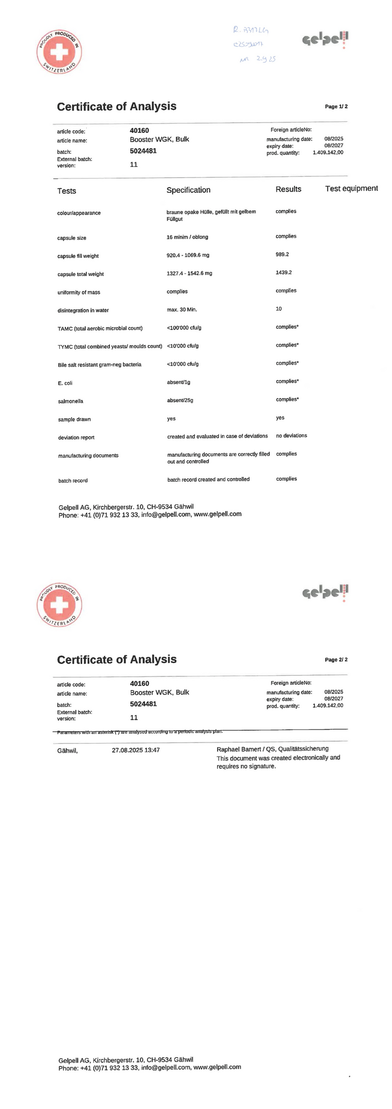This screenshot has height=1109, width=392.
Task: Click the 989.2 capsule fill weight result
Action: tap(282, 254)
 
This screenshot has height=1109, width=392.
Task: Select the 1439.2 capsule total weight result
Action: tap(284, 272)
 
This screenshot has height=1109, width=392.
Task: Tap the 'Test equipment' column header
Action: tap(351, 189)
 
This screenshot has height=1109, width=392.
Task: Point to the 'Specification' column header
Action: tap(188, 190)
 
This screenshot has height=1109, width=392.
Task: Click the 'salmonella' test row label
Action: tap(71, 401)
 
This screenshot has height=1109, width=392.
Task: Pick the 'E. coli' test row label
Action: tap(65, 383)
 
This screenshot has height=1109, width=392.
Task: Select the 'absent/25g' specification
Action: tap(180, 400)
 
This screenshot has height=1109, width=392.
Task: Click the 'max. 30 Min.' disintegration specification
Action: tap(182, 310)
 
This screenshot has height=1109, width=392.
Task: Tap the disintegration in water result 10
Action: tap(279, 309)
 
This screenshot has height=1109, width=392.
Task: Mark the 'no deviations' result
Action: tap(292, 436)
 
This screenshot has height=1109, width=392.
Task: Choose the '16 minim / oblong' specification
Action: tap(187, 237)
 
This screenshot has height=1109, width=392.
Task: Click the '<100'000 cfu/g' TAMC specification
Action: tap(184, 328)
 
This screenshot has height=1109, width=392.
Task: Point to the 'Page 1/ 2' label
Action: tap(336, 106)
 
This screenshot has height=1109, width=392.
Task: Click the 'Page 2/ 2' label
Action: tap(336, 660)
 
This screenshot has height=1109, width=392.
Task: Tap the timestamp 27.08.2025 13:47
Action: tap(136, 750)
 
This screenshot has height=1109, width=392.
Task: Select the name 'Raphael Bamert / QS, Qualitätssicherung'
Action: tap(272, 749)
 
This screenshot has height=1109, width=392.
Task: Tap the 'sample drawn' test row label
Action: tap(74, 419)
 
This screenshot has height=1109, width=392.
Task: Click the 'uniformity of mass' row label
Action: tap(79, 293)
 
